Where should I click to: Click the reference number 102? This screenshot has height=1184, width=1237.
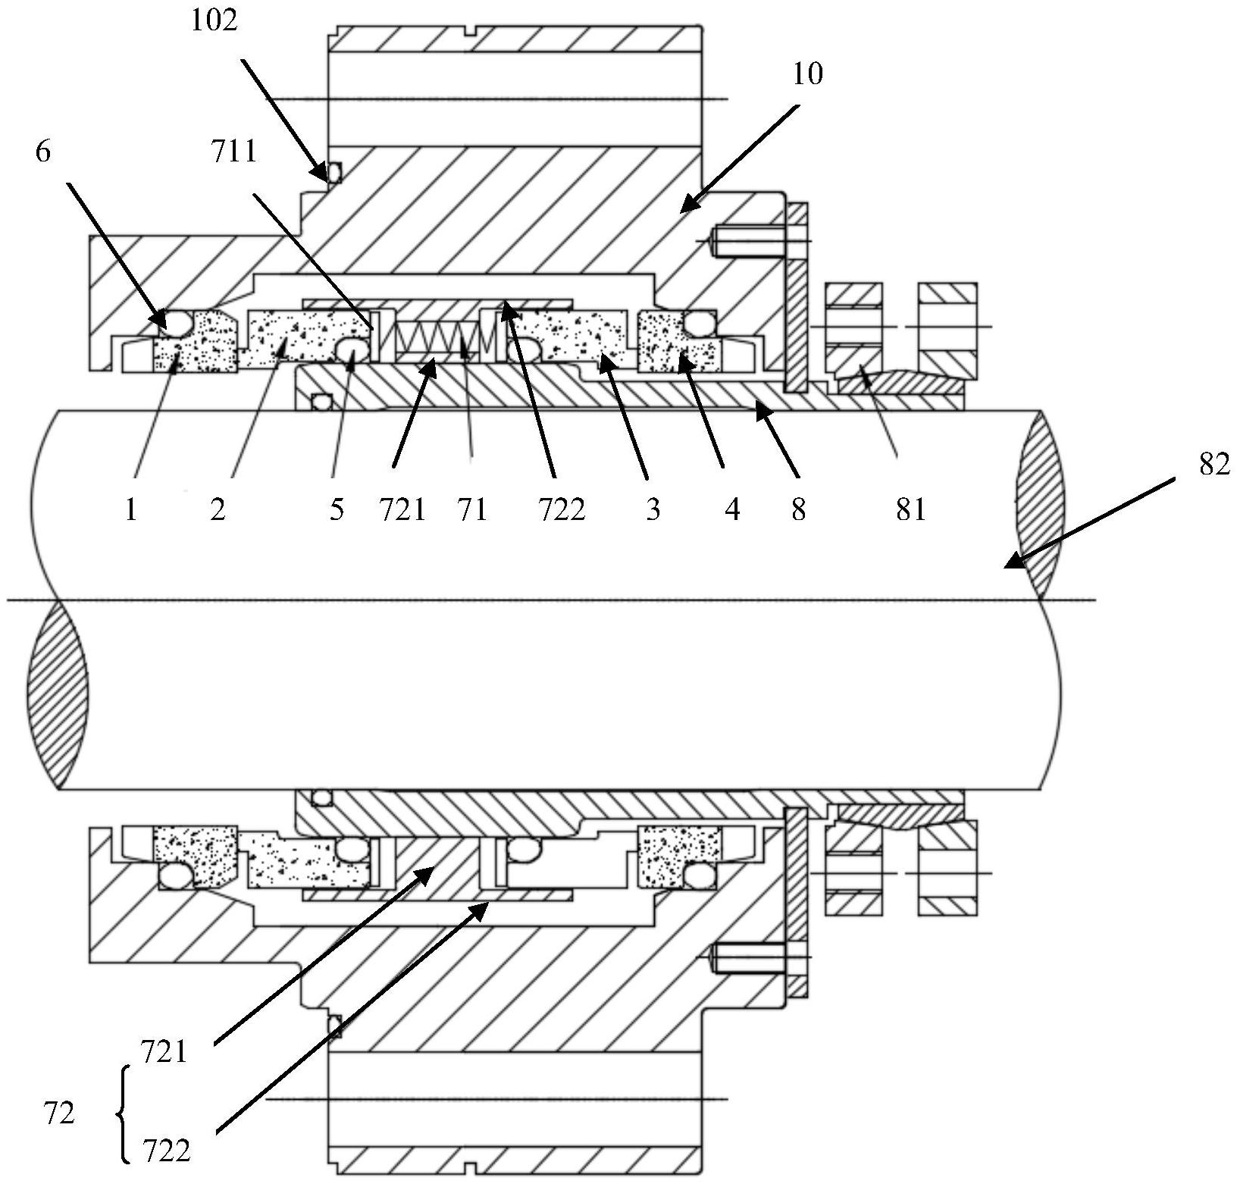(x=214, y=21)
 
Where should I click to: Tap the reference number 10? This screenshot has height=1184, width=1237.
(x=807, y=74)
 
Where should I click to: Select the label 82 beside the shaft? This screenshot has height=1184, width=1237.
(x=1214, y=464)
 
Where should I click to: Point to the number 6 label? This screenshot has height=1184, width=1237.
(x=43, y=152)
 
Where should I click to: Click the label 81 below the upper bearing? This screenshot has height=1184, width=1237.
(x=910, y=509)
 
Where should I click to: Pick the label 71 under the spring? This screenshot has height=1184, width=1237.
(x=471, y=509)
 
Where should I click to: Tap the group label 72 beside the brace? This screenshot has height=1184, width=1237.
(x=59, y=1114)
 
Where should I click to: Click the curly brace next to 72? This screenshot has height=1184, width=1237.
(x=124, y=1114)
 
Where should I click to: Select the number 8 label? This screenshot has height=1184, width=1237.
(x=798, y=509)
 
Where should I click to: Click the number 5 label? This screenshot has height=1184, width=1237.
(x=337, y=509)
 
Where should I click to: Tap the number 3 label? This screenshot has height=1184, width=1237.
(x=653, y=509)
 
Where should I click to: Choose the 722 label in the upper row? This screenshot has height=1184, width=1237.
(x=562, y=509)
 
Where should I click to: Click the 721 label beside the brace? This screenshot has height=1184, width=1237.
(x=164, y=1052)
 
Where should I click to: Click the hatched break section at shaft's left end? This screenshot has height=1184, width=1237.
(x=57, y=694)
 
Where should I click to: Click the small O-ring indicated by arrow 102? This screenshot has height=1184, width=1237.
(x=334, y=174)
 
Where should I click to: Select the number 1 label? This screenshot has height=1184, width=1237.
(x=131, y=509)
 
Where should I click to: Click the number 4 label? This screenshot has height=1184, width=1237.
(x=731, y=509)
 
